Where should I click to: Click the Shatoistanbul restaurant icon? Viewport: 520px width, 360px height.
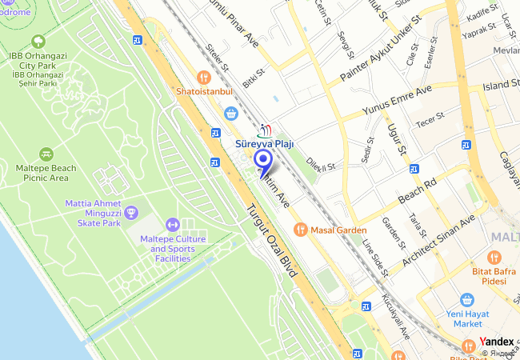[x=204, y=78]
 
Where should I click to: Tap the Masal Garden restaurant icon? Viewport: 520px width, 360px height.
[x=301, y=229]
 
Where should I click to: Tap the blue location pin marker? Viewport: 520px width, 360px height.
[x=262, y=162]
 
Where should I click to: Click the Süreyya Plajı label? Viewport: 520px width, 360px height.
[x=265, y=144]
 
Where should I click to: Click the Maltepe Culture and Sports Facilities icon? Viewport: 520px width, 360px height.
[x=172, y=225]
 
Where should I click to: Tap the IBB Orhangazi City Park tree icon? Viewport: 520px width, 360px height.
[x=38, y=42]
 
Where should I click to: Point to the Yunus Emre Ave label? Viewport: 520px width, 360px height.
[x=397, y=101]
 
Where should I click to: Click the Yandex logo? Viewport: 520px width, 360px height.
[x=496, y=342]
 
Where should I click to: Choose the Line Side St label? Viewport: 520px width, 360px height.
[x=375, y=258]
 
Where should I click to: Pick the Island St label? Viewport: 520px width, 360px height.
[x=501, y=84]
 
